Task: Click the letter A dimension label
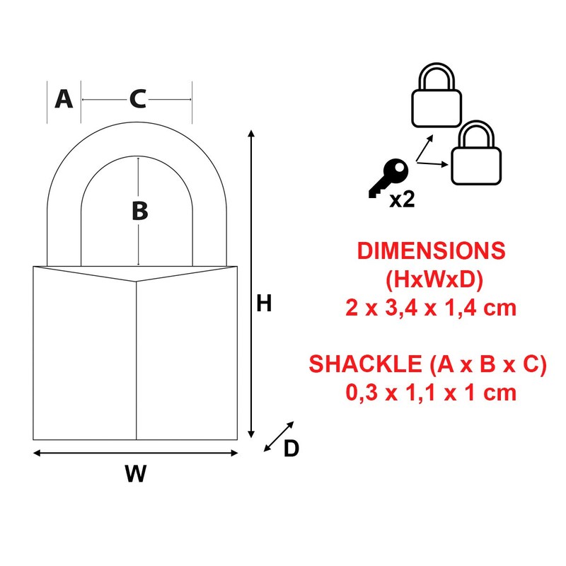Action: [x=64, y=100]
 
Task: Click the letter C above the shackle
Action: [x=137, y=100]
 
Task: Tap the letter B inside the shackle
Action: [x=139, y=210]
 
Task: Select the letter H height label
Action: [x=264, y=304]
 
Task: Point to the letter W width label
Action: [x=135, y=474]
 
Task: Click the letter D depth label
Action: [x=291, y=449]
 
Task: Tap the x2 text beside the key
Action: [x=402, y=200]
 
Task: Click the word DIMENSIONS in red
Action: [x=432, y=251]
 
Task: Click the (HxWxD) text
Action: [x=434, y=279]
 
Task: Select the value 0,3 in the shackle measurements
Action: [x=359, y=393]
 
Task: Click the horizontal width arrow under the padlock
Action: [x=135, y=454]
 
